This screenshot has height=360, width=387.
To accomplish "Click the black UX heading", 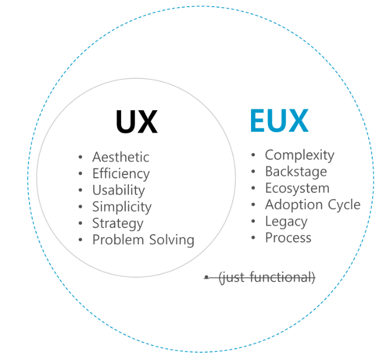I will pyautogui.click(x=136, y=122).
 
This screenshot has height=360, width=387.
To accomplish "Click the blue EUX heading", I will pyautogui.click(x=279, y=121).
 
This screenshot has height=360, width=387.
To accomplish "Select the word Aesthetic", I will pyautogui.click(x=121, y=157).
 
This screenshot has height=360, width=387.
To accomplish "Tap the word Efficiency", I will pyautogui.click(x=121, y=174).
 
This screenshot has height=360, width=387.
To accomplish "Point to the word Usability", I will pyautogui.click(x=118, y=190).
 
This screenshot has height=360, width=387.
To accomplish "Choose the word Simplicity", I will pyautogui.click(x=122, y=207).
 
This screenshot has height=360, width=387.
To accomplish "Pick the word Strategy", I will pyautogui.click(x=117, y=224).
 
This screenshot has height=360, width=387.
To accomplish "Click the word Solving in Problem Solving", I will pyautogui.click(x=170, y=240).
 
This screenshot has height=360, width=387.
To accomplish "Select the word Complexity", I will pyautogui.click(x=299, y=155).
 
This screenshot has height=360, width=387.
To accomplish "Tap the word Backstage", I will pyautogui.click(x=296, y=172).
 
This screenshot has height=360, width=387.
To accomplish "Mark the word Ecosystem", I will pyautogui.click(x=297, y=188).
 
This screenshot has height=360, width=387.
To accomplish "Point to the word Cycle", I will pyautogui.click(x=344, y=205).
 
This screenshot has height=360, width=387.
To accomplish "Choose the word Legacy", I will pyautogui.click(x=286, y=222).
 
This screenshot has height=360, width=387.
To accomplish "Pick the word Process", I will pyautogui.click(x=288, y=238).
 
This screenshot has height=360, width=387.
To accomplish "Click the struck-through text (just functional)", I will pyautogui.click(x=266, y=278).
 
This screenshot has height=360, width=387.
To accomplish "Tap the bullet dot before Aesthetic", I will pyautogui.click(x=81, y=157).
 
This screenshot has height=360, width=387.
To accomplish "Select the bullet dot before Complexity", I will pyautogui.click(x=253, y=156).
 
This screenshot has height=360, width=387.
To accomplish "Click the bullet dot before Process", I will pyautogui.click(x=253, y=238).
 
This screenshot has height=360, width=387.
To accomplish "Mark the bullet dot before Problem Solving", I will pyautogui.click(x=81, y=240).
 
